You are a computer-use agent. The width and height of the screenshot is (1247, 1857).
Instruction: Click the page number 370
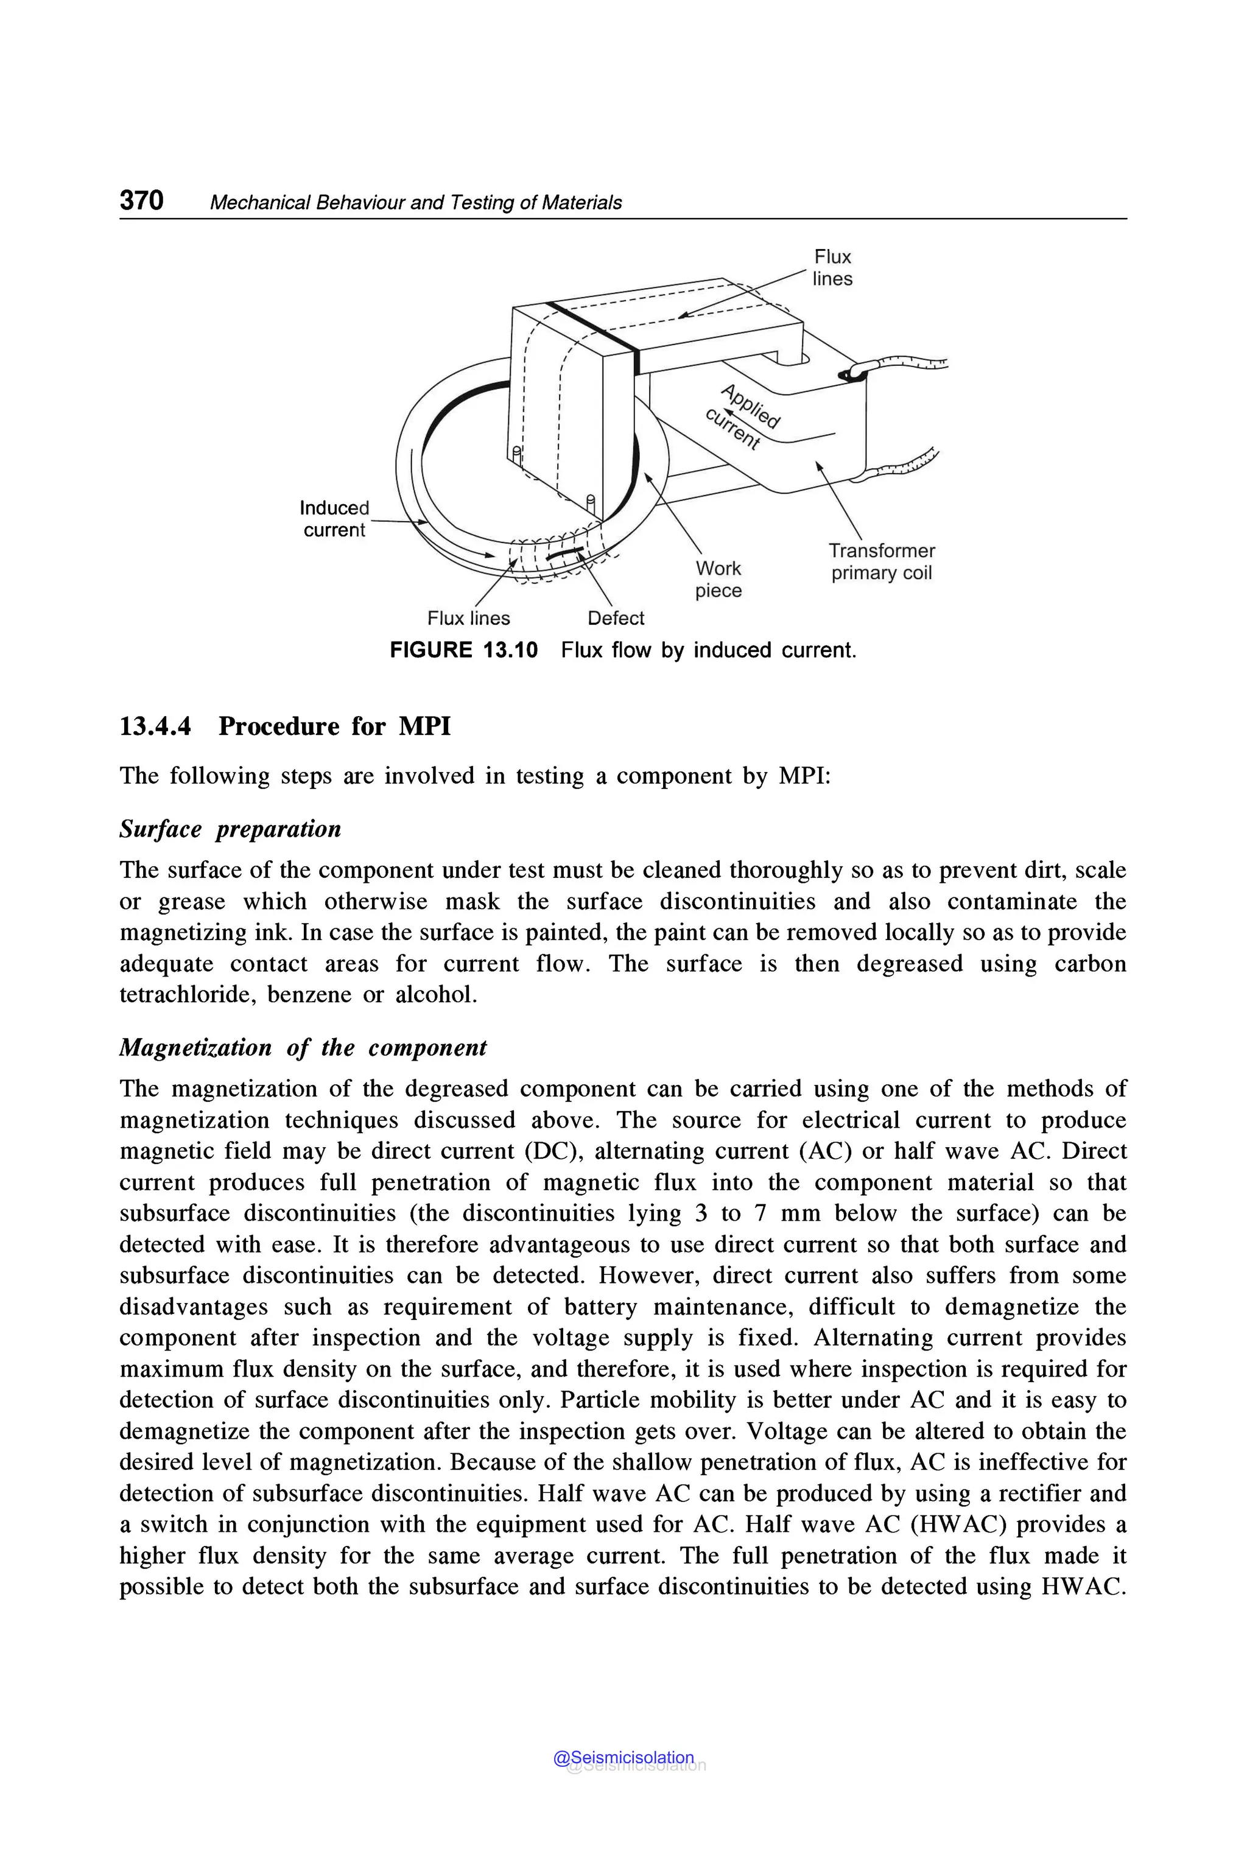[141, 200]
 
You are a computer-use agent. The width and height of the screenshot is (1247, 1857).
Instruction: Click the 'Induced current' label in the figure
[334, 519]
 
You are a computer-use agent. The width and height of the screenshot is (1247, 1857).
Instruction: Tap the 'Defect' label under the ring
[616, 618]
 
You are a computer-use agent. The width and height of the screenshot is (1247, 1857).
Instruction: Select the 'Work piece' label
[718, 579]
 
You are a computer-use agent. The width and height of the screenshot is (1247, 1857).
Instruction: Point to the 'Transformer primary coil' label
[881, 561]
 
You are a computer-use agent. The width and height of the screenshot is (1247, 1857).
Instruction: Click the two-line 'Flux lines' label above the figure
[832, 268]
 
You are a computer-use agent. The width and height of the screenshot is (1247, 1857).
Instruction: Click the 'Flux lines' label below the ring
[468, 618]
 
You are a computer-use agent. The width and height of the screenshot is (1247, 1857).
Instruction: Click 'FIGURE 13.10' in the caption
[463, 650]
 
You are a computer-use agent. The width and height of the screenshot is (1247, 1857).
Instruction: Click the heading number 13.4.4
[155, 726]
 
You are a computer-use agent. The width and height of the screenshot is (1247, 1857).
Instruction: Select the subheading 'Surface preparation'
[230, 829]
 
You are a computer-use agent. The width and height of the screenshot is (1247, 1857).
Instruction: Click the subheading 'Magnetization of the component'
[302, 1047]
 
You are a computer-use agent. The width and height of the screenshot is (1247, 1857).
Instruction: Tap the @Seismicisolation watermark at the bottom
[624, 1758]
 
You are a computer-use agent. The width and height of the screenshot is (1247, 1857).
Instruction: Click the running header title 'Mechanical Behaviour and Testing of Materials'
[415, 203]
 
